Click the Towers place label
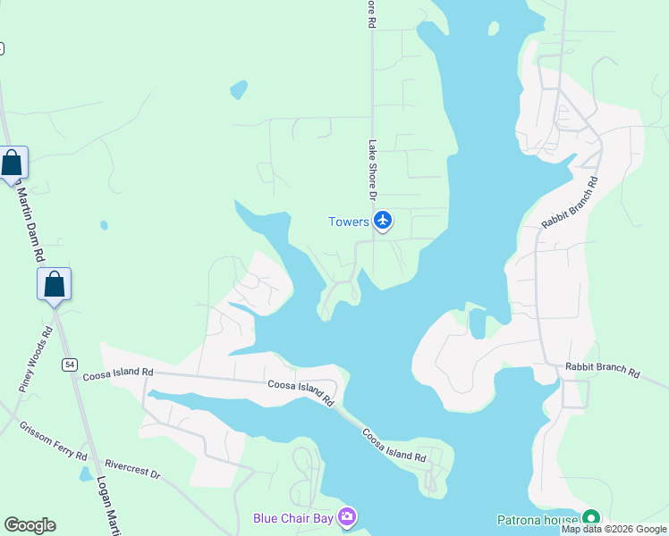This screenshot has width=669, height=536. tap(349, 222)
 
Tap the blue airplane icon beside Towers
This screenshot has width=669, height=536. tap(383, 220)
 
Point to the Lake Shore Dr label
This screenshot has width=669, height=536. tap(373, 170)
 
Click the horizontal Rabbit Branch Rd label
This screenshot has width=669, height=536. tap(603, 371)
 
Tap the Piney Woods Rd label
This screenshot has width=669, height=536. tap(37, 360)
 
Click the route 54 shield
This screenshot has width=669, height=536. tap(68, 364)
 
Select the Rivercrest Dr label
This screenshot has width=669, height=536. tap(131, 468)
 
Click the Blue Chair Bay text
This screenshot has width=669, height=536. tap(292, 517)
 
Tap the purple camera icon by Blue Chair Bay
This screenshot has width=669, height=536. tap(348, 517)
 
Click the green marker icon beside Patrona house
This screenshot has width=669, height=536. tap(590, 517)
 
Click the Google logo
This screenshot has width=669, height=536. tap(30, 525)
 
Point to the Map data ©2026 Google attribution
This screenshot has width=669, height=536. tap(614, 529)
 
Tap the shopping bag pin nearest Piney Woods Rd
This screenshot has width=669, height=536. tap(54, 285)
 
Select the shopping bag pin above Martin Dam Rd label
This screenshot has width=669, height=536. tap(13, 163)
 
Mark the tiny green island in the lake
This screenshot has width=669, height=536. tap(494, 28)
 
